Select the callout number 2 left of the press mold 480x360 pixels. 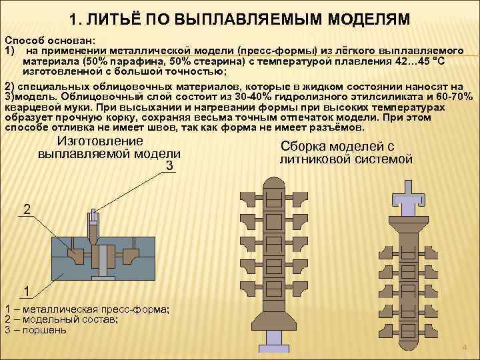(x=27, y=210)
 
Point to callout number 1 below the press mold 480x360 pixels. (x=25, y=291)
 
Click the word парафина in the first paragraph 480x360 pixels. (x=124, y=61)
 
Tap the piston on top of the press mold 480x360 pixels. (x=95, y=218)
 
